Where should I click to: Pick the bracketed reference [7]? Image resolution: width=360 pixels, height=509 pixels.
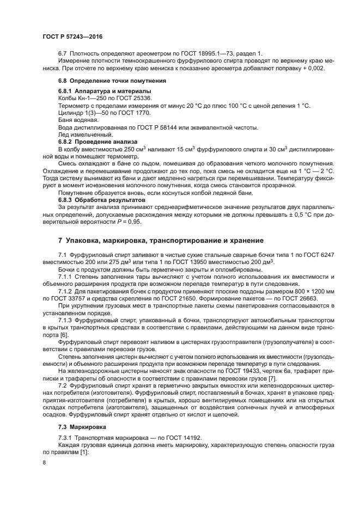(273, 378)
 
